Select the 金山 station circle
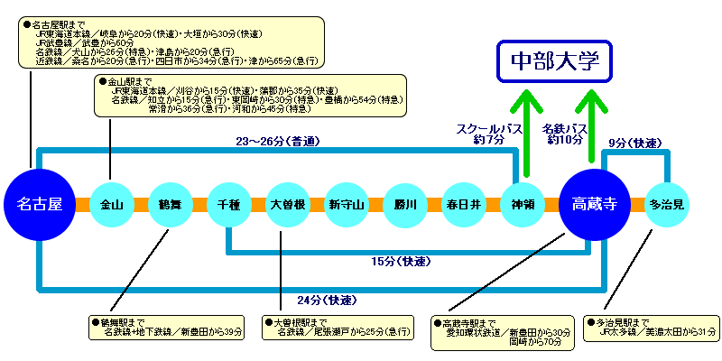[111, 205]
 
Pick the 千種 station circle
[228, 205]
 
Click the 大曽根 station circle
[288, 205]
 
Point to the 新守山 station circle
[347, 205]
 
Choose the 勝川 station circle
[405, 205]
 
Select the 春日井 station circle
[464, 205]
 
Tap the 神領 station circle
[523, 205]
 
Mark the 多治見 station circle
[668, 205]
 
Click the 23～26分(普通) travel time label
[278, 141]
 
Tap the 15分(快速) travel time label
[401, 262]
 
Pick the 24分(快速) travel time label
[324, 300]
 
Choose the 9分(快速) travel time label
[637, 142]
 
